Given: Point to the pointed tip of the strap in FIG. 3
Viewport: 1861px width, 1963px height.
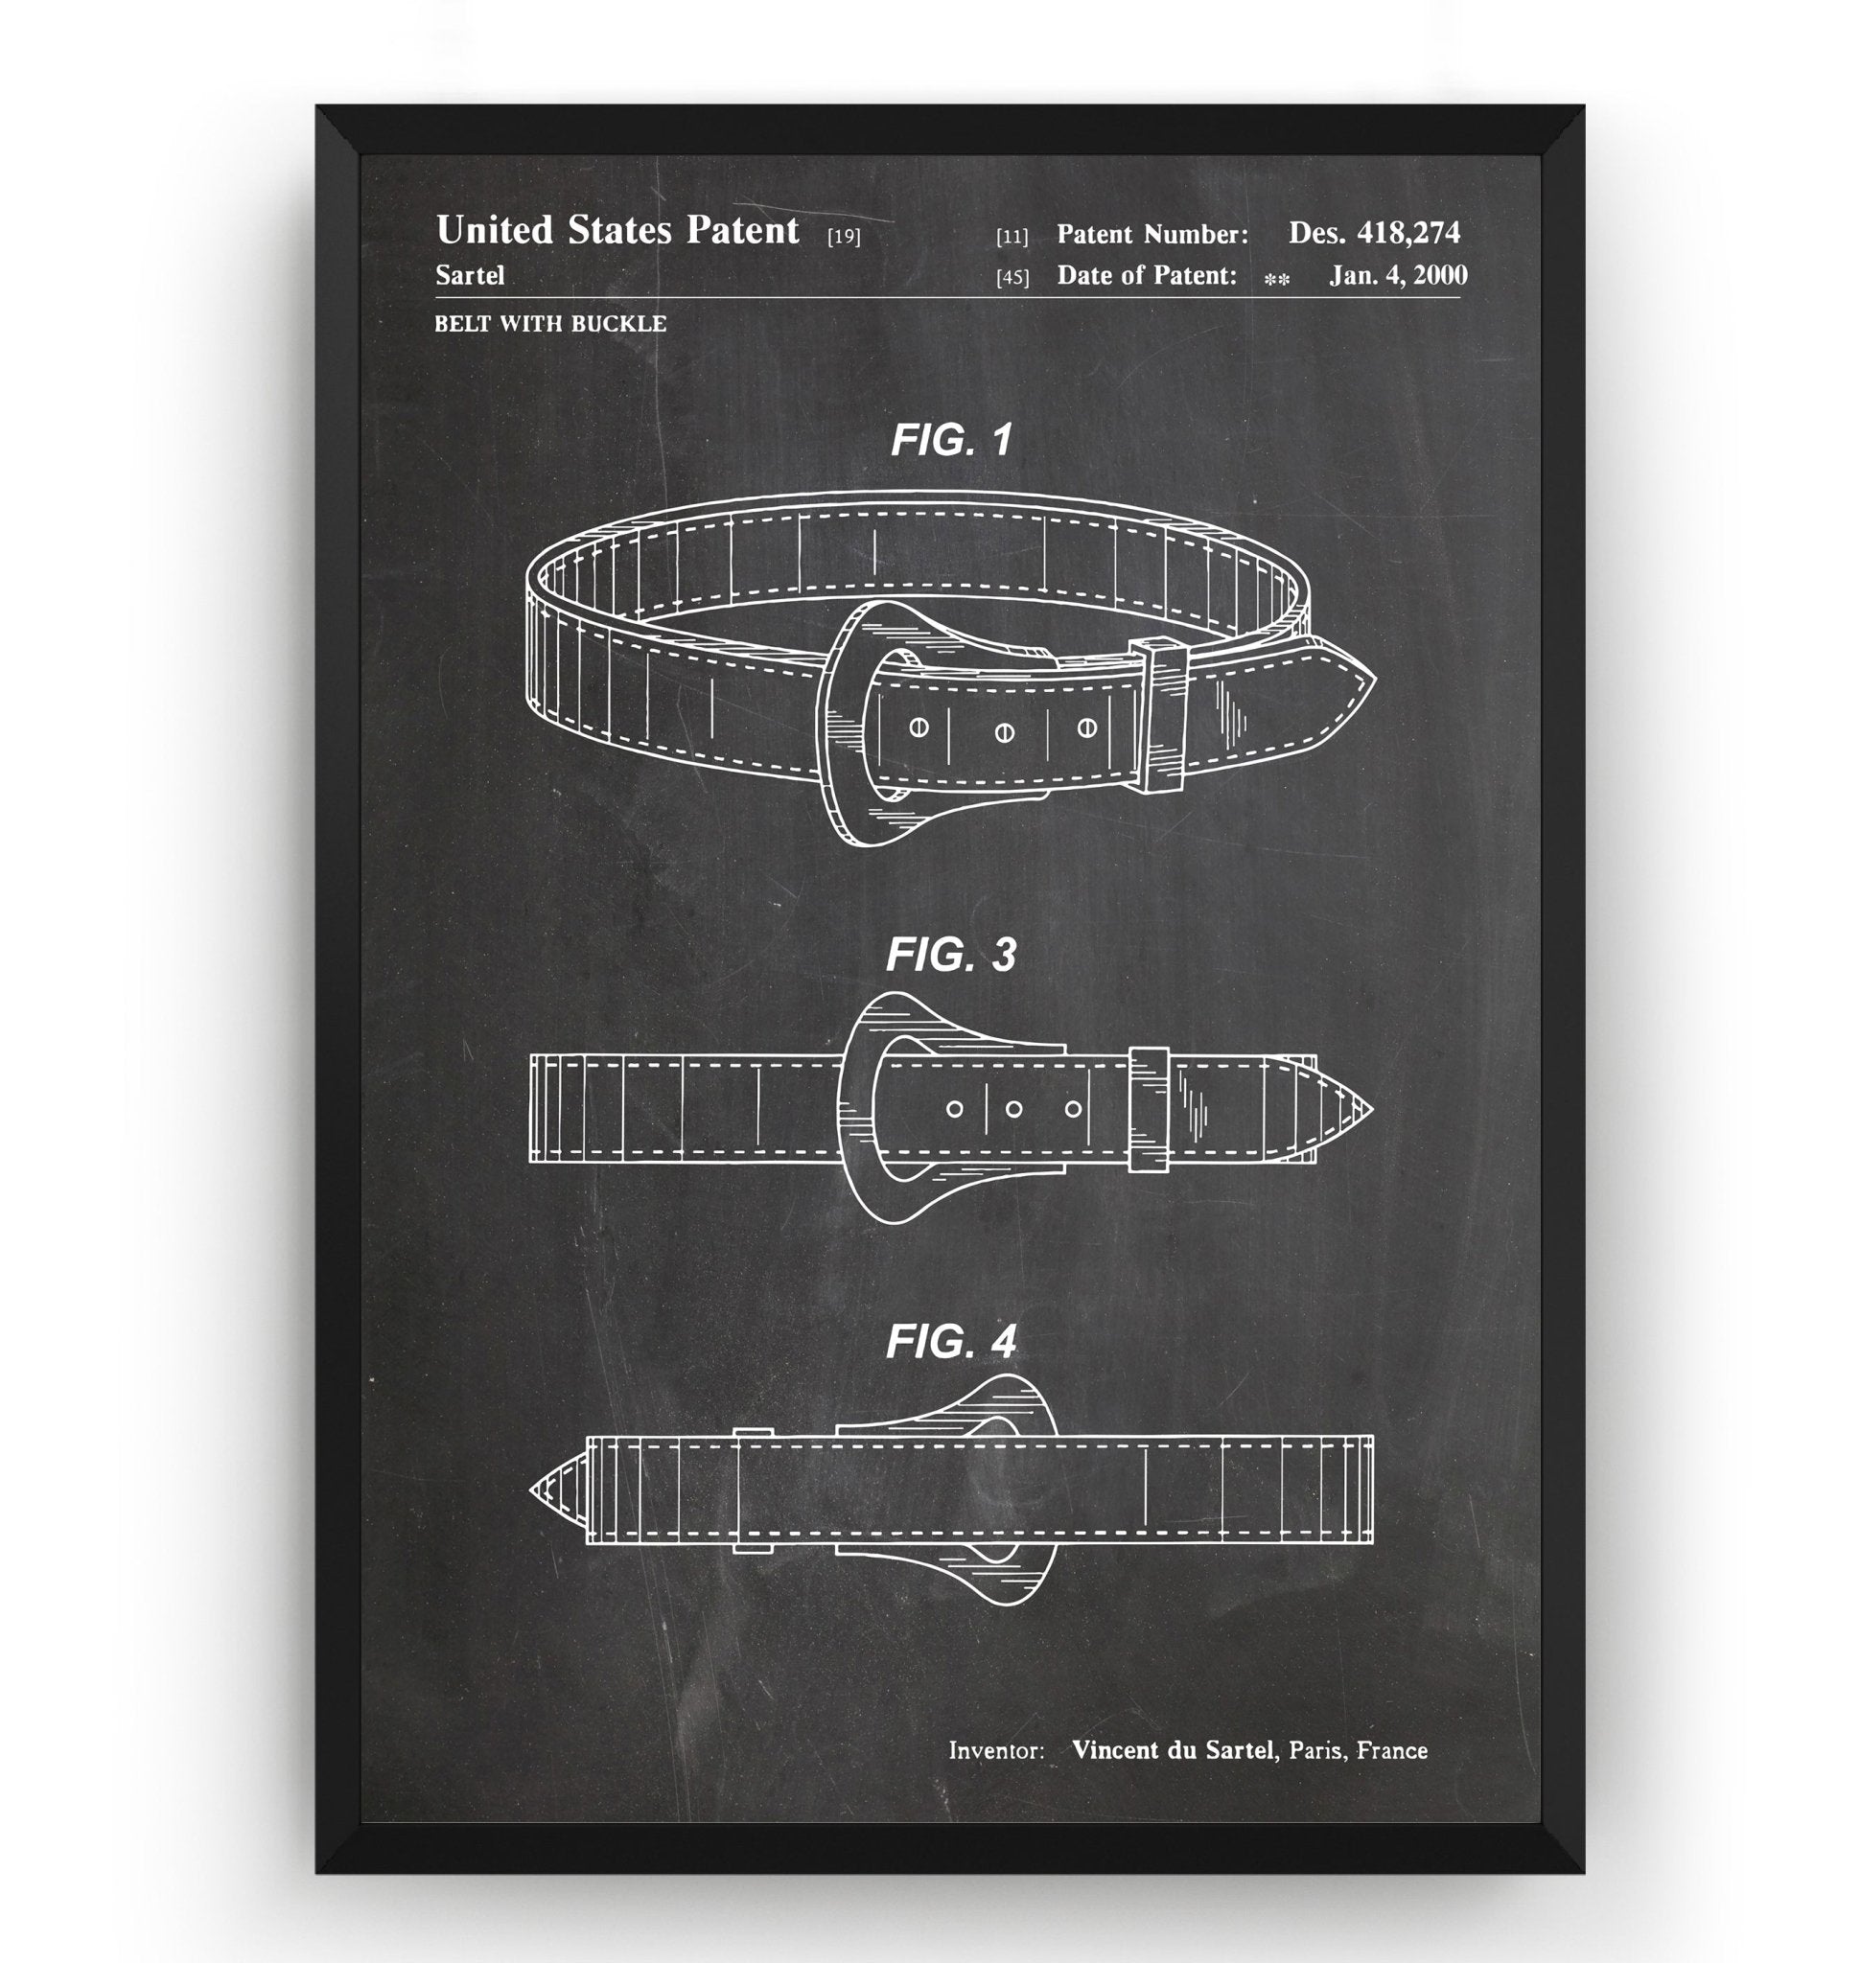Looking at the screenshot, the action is (1373, 1108).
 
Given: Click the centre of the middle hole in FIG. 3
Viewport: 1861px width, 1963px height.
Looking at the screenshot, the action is (1013, 1109).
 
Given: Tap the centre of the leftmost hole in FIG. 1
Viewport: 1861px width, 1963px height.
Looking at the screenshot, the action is (919, 728).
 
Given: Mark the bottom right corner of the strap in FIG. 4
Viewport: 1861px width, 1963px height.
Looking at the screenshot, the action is (1373, 1543).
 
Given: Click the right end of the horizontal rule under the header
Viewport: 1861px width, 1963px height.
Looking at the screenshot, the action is (1462, 297).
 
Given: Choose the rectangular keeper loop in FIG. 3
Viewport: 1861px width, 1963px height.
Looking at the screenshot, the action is (1149, 1109).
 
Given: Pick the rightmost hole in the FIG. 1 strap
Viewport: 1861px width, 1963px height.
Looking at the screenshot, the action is (1086, 729).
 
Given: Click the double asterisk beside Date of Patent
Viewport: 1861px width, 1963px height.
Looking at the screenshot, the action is (1277, 280).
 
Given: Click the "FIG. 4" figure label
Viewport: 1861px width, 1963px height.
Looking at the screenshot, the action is (951, 1341).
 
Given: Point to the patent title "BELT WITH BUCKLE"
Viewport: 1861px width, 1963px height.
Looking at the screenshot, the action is (550, 323).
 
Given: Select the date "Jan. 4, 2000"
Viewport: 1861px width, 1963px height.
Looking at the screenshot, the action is (1399, 275).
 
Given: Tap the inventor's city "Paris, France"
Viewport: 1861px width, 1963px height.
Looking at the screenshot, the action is (1358, 1750).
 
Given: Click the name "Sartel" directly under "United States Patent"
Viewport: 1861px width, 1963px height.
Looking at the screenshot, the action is (470, 275).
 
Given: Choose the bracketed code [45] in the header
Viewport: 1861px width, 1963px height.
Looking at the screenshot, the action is (1012, 278).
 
